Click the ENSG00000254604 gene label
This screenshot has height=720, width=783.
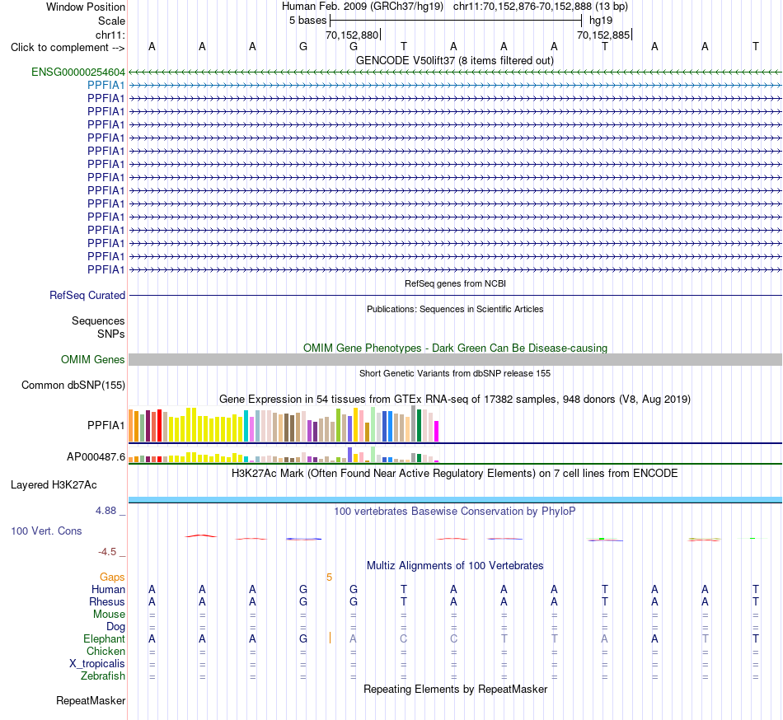(x=78, y=72)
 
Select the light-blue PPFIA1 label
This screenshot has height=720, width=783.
(x=105, y=86)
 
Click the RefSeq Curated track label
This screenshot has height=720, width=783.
(x=87, y=296)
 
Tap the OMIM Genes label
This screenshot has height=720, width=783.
(x=93, y=360)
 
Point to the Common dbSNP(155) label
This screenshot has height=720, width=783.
(x=73, y=386)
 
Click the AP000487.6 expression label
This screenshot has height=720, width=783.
(x=96, y=457)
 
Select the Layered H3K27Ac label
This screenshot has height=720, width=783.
(x=54, y=485)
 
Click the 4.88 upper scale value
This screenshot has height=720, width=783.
(x=105, y=511)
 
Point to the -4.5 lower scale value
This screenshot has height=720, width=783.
(x=107, y=552)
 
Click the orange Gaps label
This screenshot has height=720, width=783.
(x=112, y=577)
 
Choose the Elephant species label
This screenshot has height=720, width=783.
(x=104, y=639)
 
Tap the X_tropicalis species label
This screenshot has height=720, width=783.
(x=97, y=664)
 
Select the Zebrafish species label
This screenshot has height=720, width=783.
(x=103, y=676)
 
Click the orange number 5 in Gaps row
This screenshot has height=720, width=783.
(x=329, y=577)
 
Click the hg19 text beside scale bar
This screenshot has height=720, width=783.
(x=601, y=21)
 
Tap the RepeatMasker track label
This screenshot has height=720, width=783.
(x=91, y=701)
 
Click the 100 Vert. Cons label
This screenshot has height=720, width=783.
(x=46, y=531)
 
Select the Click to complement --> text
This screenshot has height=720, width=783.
(x=68, y=48)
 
